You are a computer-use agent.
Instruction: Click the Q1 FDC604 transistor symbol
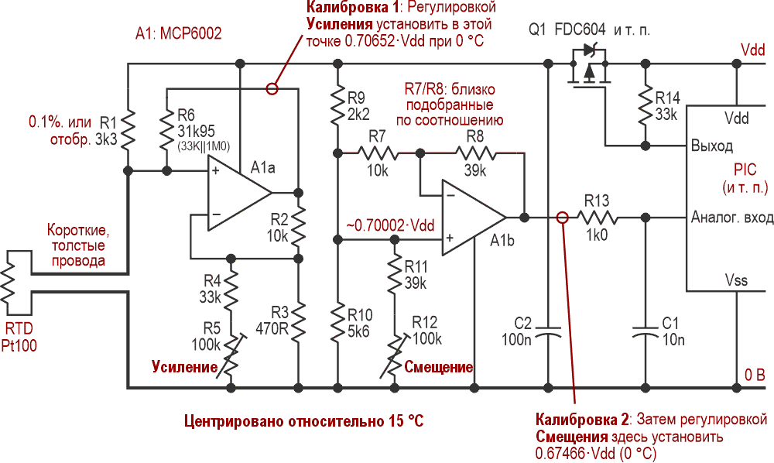588,67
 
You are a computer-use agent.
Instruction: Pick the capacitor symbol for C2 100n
549,333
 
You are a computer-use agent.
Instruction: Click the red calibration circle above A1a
272,88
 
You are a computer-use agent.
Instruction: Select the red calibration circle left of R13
563,218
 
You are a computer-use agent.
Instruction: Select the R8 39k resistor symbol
481,153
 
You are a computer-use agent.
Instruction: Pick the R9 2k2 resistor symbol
337,108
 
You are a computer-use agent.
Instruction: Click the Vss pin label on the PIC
736,280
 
